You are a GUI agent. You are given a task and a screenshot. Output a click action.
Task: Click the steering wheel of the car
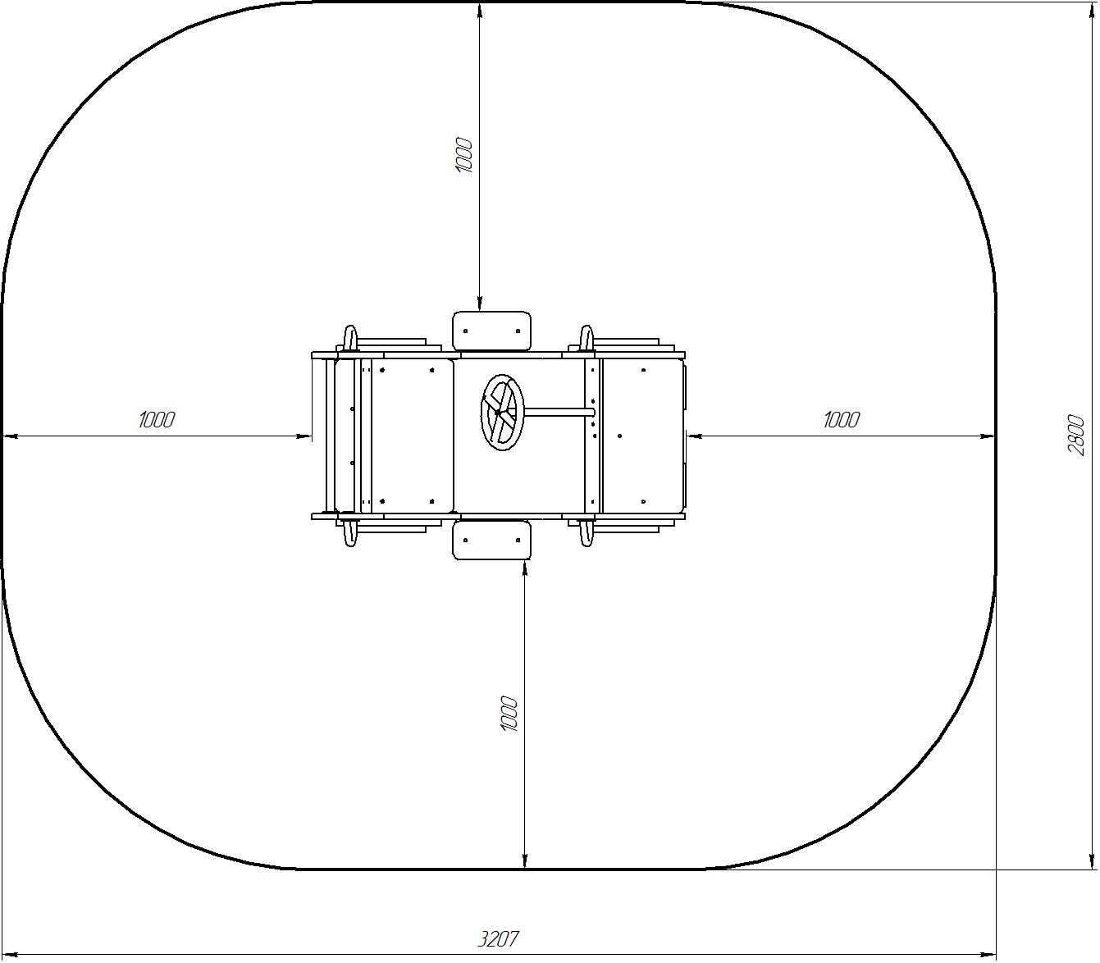(502, 413)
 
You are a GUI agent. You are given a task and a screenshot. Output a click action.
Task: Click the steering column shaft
(559, 412)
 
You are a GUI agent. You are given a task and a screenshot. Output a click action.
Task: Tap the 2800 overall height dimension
(1077, 435)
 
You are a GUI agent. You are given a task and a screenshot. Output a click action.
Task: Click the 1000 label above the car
(464, 156)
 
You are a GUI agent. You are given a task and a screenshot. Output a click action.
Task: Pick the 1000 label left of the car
(157, 419)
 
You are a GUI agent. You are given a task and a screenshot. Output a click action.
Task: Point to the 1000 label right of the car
(842, 419)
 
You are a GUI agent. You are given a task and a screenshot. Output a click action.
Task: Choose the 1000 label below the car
(509, 714)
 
